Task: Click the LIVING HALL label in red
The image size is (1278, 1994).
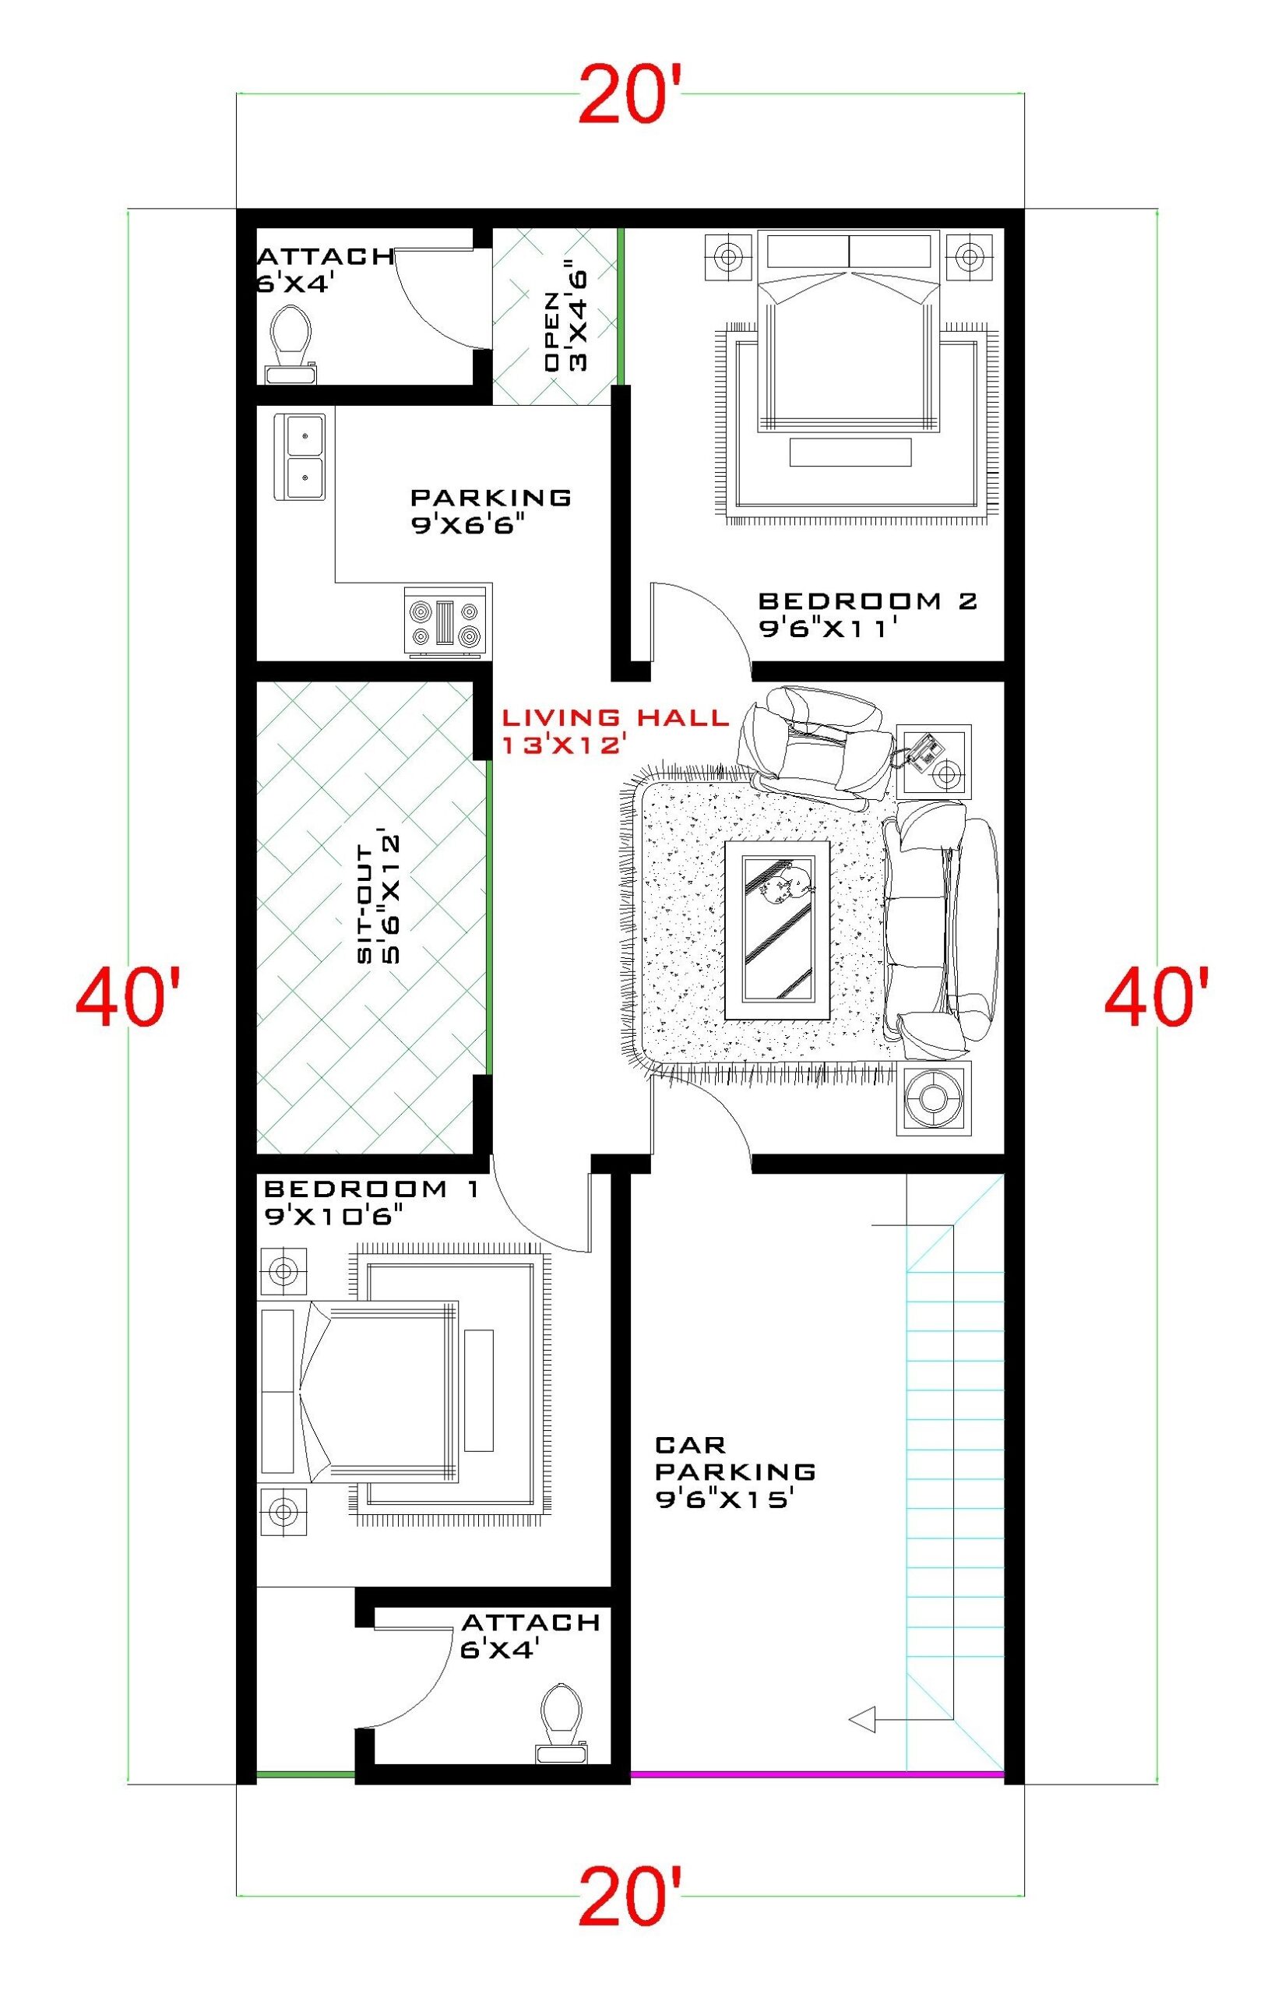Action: (614, 716)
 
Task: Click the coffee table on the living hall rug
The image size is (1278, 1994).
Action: (777, 929)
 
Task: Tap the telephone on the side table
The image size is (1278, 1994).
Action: (923, 751)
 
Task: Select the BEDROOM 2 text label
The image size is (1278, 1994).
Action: (868, 600)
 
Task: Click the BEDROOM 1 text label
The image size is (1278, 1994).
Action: (371, 1189)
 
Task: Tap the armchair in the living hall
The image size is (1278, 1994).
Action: (818, 745)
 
